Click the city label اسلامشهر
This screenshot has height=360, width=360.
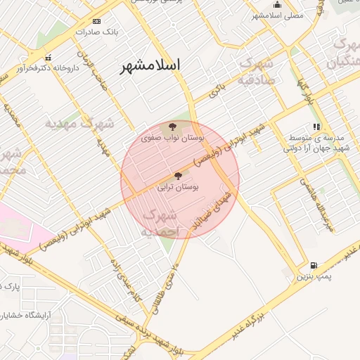point(150,65)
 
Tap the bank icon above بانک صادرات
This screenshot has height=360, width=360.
point(97,22)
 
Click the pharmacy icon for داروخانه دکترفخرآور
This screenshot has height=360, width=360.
point(48,58)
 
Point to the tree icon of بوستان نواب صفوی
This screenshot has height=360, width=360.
point(173,127)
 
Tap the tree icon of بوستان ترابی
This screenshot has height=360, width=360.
point(177,176)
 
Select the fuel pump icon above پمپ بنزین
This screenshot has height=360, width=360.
point(313,265)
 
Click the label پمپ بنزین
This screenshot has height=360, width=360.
point(312,277)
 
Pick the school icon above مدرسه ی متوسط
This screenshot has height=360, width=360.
point(317,127)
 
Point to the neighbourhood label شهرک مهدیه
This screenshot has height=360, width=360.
point(79,123)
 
